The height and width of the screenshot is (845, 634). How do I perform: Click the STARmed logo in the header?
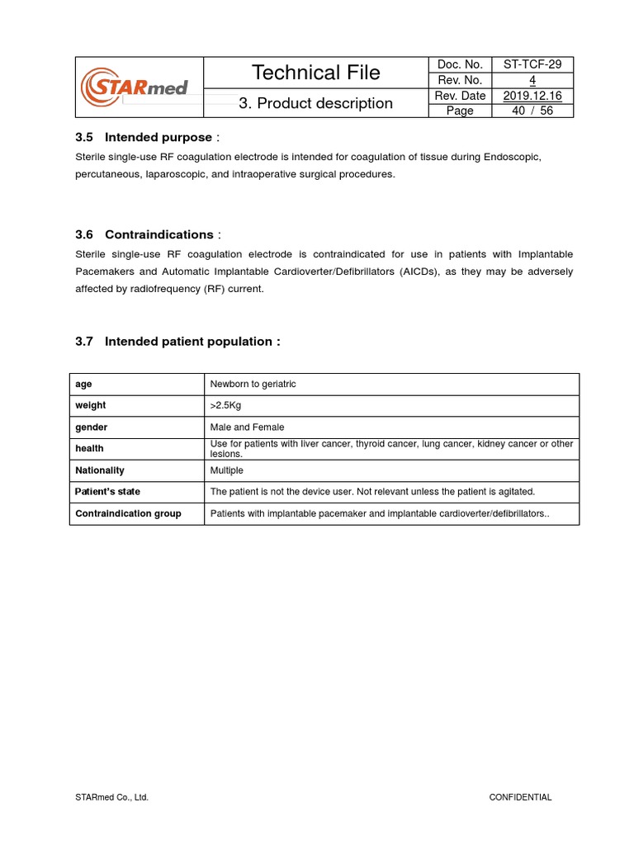tap(135, 86)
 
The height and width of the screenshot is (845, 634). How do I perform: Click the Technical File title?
tap(315, 73)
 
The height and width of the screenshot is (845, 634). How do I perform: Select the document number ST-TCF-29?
tap(532, 64)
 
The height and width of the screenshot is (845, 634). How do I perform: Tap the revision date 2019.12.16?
tap(532, 96)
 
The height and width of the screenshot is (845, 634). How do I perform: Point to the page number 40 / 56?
tap(532, 111)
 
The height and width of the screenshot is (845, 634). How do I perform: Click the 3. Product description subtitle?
tap(315, 103)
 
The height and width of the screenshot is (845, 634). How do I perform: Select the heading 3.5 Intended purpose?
tap(147, 137)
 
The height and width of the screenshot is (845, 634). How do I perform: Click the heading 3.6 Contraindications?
tap(148, 234)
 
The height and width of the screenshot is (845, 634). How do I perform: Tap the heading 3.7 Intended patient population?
tap(177, 342)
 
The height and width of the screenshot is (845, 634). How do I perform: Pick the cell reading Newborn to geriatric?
tap(253, 385)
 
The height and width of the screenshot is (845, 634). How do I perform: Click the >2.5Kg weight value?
tap(226, 406)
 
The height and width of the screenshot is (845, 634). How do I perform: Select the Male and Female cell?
tap(247, 427)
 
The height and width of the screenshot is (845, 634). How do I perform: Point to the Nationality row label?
tap(100, 470)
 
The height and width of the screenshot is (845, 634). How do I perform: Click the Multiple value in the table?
tap(227, 470)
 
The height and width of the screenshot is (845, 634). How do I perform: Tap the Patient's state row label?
tap(107, 492)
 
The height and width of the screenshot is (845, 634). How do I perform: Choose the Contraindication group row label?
tap(128, 513)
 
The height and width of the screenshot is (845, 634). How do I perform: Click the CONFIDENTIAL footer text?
tap(520, 797)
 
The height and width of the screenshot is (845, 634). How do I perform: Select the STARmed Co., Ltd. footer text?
tap(111, 797)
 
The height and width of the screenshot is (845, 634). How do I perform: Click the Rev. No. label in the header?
tap(459, 80)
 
